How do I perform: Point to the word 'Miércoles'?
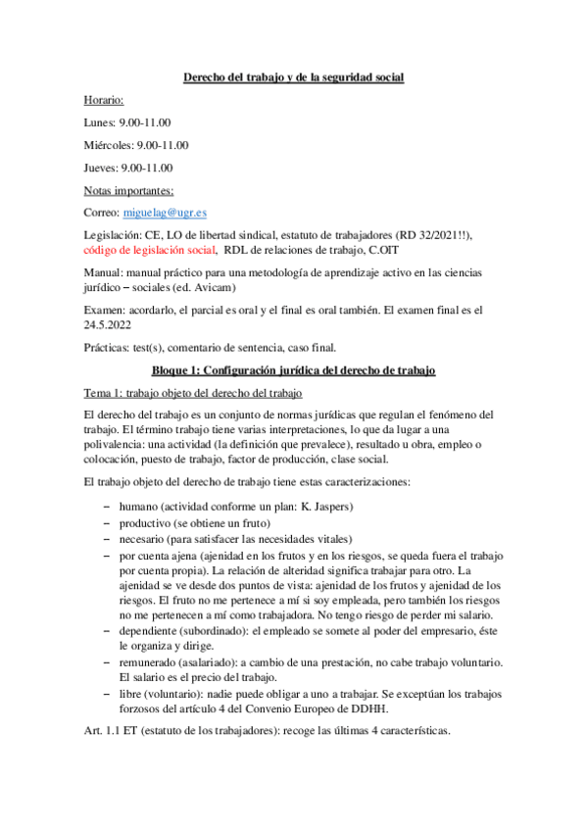109,144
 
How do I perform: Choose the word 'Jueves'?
102,167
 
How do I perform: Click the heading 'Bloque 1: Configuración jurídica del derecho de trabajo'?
294,369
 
